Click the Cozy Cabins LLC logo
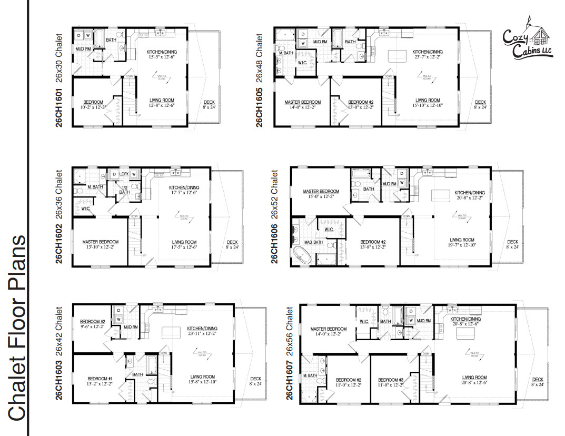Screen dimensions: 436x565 pyautogui.click(x=528, y=40)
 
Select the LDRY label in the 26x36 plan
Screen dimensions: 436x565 pyautogui.click(x=125, y=174)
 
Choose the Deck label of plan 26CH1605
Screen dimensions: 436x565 pyautogui.click(x=480, y=102)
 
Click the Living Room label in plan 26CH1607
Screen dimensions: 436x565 pyautogui.click(x=474, y=377)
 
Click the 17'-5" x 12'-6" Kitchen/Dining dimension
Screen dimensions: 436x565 pyautogui.click(x=184, y=192)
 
